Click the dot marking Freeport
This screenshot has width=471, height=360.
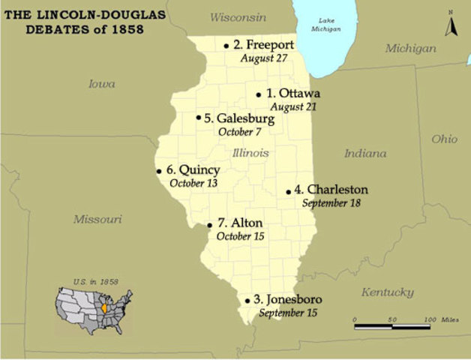[x=226, y=46]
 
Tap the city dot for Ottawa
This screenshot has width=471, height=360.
[x=259, y=94]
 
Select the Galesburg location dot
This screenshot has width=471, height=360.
[x=199, y=117]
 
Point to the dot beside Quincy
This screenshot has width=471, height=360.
[x=159, y=170]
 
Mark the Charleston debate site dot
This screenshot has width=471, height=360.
[x=288, y=191]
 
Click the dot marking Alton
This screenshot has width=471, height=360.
[x=210, y=224]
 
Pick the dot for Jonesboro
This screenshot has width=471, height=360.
[x=247, y=301]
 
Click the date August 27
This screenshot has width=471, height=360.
[x=263, y=58]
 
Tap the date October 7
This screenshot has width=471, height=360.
[x=239, y=132]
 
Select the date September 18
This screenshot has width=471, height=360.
[x=332, y=202]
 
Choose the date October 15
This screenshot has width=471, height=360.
[x=239, y=236]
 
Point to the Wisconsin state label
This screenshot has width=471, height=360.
[x=238, y=16]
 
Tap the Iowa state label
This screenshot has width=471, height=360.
[x=102, y=84]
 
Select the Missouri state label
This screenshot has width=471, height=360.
[x=97, y=219]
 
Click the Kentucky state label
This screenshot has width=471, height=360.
[x=387, y=292]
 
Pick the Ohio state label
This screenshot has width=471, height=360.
[x=444, y=139]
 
